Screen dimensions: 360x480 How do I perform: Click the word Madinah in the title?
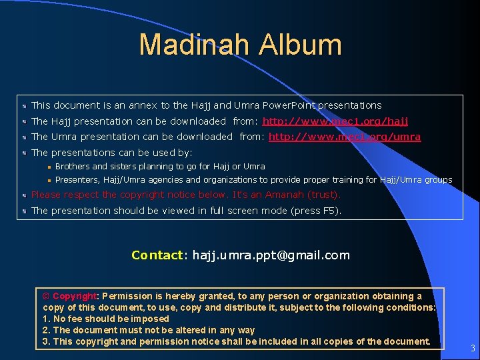point(194,45)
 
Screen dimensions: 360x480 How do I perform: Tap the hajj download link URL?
point(335,121)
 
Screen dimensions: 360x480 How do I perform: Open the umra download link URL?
point(345,137)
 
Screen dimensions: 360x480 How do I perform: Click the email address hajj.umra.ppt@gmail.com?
point(271,255)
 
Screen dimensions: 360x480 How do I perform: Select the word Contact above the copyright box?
point(157,255)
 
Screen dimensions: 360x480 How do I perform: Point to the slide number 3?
point(472,348)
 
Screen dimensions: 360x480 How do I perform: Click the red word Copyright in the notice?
point(75,296)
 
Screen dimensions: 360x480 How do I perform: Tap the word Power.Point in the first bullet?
point(289,105)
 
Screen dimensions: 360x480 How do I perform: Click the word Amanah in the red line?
point(284,195)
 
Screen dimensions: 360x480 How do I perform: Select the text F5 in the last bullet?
point(330,211)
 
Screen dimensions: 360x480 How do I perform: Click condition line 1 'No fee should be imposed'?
point(106,319)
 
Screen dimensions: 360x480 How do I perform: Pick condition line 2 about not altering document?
point(149,330)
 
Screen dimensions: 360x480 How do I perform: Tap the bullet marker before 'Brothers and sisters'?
point(49,167)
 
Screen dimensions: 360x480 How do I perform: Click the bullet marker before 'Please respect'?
point(23,195)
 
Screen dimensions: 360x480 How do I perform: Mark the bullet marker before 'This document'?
point(23,105)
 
